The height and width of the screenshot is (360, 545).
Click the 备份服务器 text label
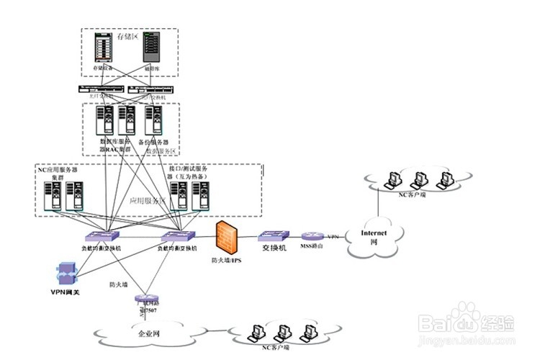tap(153, 143)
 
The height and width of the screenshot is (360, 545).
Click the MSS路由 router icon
tap(313, 236)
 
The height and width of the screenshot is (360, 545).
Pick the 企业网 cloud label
tap(150, 334)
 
